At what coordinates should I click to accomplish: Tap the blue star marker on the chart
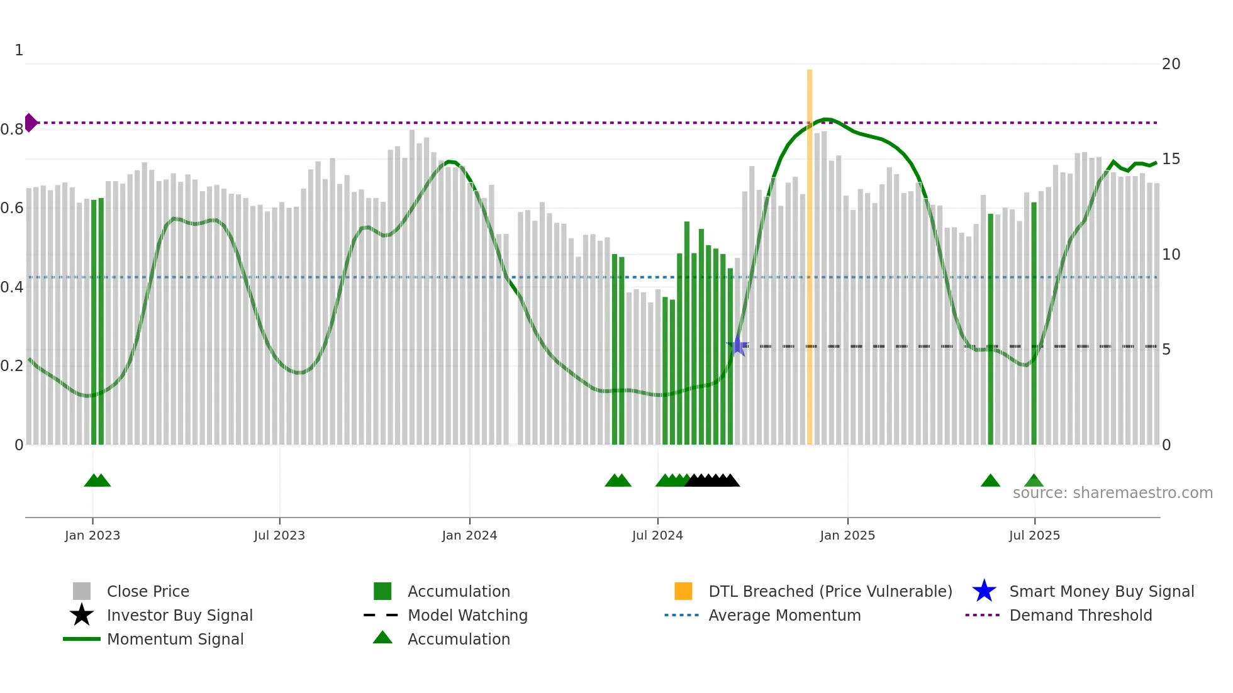coord(737,346)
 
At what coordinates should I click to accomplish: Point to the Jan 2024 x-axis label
coord(469,535)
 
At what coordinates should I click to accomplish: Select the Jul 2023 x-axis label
coord(279,535)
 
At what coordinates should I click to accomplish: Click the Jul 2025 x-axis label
coord(1034,535)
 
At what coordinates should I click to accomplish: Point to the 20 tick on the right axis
coord(1171,64)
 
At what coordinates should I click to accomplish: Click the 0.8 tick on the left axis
coord(12,130)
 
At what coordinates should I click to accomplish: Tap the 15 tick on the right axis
coord(1171,159)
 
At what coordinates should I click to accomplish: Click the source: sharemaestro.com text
coord(1112,493)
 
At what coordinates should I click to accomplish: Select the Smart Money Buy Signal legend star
coord(984,591)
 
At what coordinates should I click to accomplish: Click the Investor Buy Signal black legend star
coord(82,615)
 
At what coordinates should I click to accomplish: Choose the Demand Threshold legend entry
coord(1080,615)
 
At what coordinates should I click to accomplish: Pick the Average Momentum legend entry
coord(784,615)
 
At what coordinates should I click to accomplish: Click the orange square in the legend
coord(683,591)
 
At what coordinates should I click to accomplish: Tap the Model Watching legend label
coord(467,615)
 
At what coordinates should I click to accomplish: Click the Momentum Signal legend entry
coord(175,639)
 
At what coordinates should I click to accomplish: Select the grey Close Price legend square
coord(82,591)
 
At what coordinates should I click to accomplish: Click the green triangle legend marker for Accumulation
coord(382,638)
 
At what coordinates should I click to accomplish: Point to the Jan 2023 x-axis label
coord(92,535)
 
